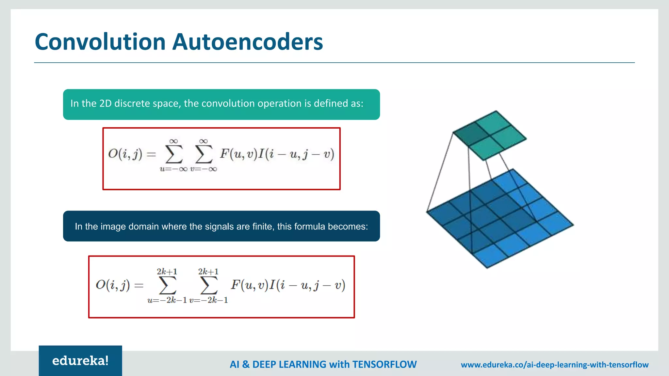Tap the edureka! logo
click(80, 361)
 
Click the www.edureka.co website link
click(554, 365)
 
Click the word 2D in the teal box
click(105, 103)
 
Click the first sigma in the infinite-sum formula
click(174, 154)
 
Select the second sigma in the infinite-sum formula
click(204, 154)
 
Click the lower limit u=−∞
click(173, 169)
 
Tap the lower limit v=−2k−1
click(208, 300)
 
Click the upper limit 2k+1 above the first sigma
click(167, 272)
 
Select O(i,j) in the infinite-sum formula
click(125, 154)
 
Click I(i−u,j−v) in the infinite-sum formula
click(296, 154)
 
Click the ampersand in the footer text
click(246, 364)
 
